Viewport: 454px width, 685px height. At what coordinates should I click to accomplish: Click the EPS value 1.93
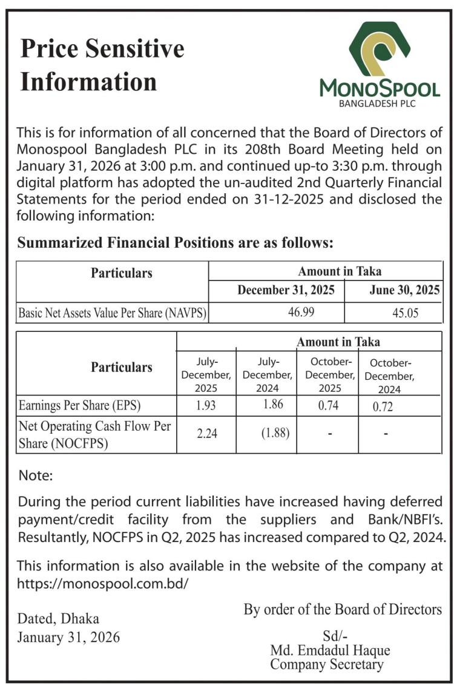[x=206, y=405]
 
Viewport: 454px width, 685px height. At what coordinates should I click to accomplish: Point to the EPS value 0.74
[x=328, y=406]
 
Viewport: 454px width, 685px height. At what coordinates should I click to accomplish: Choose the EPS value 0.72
[x=383, y=406]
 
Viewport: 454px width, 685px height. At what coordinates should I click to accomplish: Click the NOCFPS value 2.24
[x=206, y=434]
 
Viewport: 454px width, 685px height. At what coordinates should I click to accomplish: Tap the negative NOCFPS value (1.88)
[x=267, y=434]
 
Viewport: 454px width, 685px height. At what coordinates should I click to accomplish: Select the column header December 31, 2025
[x=286, y=290]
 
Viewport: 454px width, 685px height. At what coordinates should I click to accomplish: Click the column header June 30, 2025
[x=404, y=290]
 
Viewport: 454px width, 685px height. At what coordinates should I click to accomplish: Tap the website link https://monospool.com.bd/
[x=103, y=584]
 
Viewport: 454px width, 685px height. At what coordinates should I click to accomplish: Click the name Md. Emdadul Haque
[x=330, y=650]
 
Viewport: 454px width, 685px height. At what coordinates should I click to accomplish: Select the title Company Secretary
[x=327, y=664]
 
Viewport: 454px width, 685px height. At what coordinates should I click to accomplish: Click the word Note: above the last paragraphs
[x=36, y=475]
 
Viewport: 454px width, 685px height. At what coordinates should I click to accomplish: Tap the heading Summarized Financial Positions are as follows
[x=176, y=243]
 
